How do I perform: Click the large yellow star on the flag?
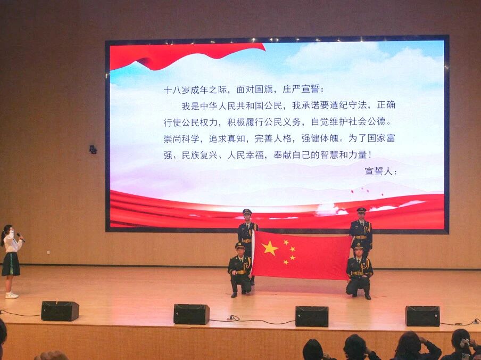(x=270, y=248)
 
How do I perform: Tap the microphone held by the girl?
(x=21, y=237)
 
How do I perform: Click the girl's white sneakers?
(x=12, y=295)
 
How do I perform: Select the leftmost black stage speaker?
(x=60, y=311)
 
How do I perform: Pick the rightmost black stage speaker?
(x=422, y=316)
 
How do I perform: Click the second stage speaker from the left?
(x=192, y=314)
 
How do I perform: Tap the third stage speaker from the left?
(x=312, y=316)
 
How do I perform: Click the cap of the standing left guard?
(x=247, y=211)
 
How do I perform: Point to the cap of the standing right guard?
(x=361, y=210)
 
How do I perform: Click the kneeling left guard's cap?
(x=240, y=245)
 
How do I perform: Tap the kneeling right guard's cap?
(x=358, y=246)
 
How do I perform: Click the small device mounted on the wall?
(x=93, y=150)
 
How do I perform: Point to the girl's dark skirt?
(x=11, y=264)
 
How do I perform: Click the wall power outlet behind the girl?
(x=48, y=252)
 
